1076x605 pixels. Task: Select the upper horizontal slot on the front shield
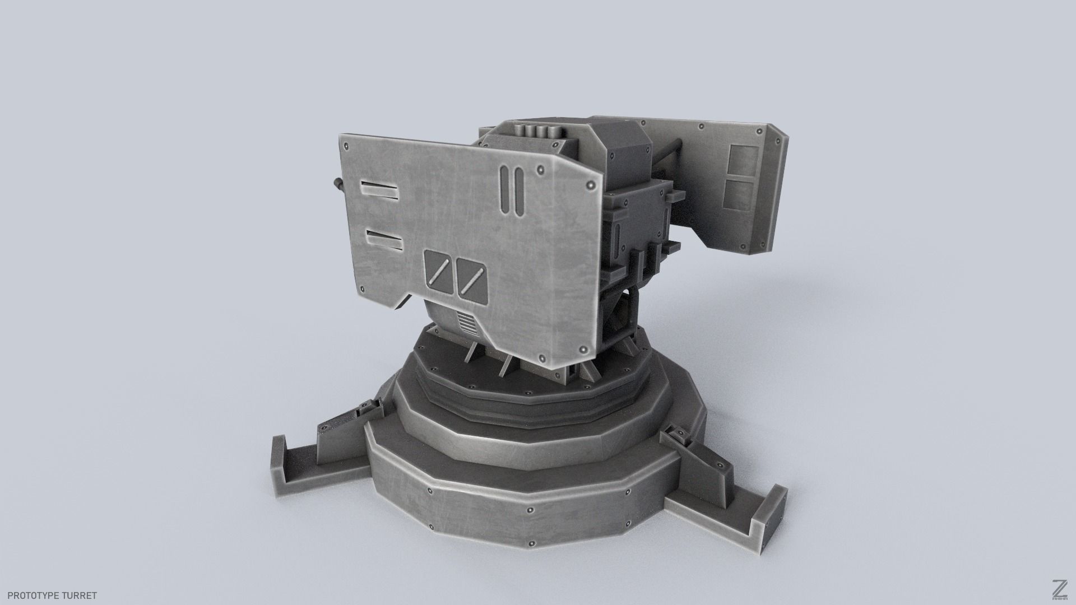[x=379, y=190]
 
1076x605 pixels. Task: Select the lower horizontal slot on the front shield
[x=383, y=240]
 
